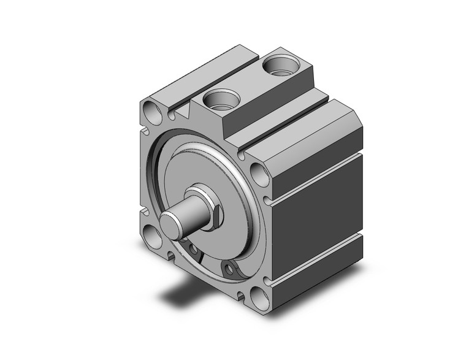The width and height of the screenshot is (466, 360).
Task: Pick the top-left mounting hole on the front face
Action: click(153, 112)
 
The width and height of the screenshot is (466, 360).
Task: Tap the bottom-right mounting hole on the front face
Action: click(260, 298)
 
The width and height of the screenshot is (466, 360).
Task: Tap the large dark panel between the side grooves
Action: click(319, 215)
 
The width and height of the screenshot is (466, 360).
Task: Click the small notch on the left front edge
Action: click(145, 129)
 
